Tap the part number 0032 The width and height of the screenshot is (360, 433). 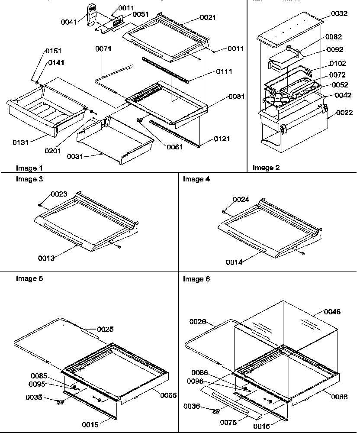[339, 14]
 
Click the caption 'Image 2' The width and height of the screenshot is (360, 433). [264, 168]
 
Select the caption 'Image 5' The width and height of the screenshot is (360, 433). [29, 279]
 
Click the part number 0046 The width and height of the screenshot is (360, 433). [332, 312]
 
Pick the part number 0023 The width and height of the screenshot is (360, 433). [59, 194]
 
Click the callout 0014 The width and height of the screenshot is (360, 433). [234, 262]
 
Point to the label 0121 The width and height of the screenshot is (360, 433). [222, 139]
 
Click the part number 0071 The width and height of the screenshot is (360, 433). [103, 49]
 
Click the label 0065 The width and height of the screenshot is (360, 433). [168, 394]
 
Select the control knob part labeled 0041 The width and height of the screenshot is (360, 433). [92, 16]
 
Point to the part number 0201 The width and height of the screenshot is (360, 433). [53, 150]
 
